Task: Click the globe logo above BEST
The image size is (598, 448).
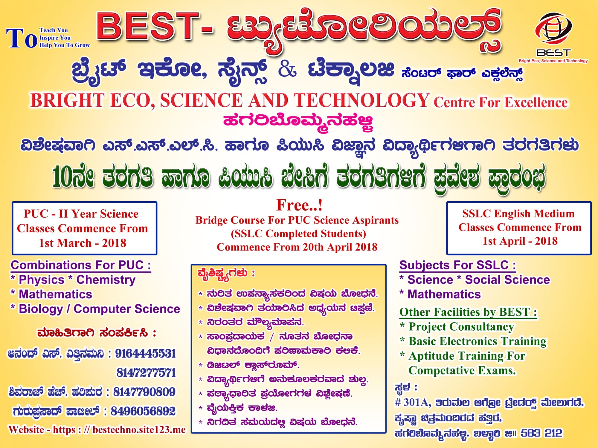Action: pyautogui.click(x=553, y=30)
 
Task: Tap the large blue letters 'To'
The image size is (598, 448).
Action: pyautogui.click(x=22, y=38)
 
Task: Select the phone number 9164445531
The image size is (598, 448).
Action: pyautogui.click(x=146, y=354)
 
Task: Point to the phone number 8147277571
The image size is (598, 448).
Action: pyautogui.click(x=146, y=373)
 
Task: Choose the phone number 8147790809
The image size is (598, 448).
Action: pyautogui.click(x=144, y=392)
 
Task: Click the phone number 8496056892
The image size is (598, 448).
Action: pyautogui.click(x=143, y=411)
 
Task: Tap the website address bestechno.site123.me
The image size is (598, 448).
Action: pyautogui.click(x=139, y=430)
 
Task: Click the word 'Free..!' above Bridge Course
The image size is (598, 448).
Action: pyautogui.click(x=299, y=205)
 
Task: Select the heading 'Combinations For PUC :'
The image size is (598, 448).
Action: pyautogui.click(x=81, y=265)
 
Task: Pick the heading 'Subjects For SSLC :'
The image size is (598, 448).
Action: pyautogui.click(x=458, y=265)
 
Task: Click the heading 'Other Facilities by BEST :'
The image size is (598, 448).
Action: pyautogui.click(x=468, y=312)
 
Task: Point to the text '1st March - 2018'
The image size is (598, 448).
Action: pyautogui.click(x=83, y=243)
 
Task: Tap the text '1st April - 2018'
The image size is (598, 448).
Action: pyautogui.click(x=520, y=241)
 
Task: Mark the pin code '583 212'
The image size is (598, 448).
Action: pyautogui.click(x=541, y=433)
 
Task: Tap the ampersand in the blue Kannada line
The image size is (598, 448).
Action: pyautogui.click(x=287, y=70)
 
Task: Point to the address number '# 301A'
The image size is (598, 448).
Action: pyautogui.click(x=413, y=403)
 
